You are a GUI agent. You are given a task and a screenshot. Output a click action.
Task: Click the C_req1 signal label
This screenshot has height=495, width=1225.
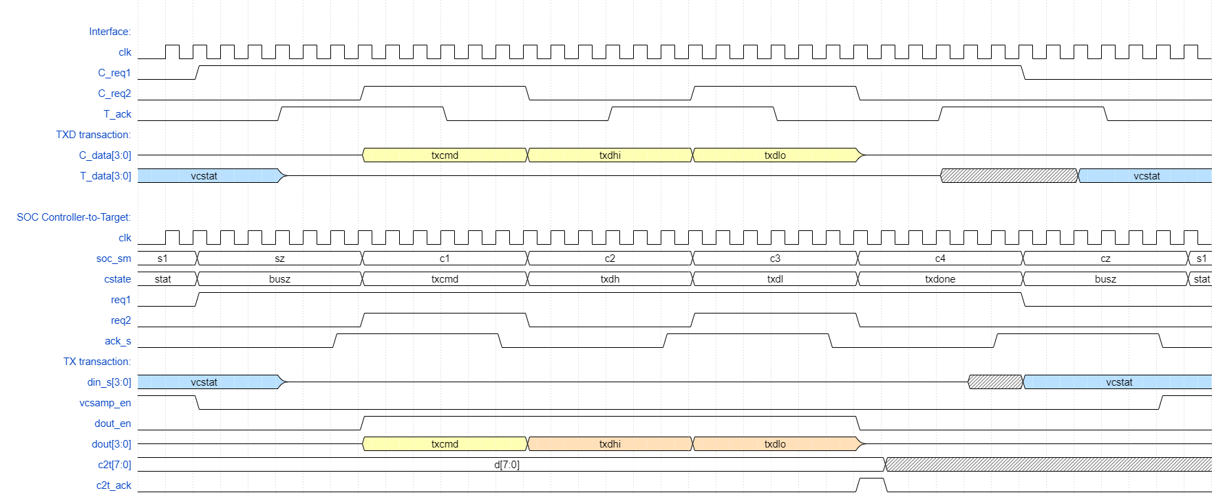[114, 73]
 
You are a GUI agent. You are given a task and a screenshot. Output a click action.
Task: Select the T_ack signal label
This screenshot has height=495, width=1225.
[117, 114]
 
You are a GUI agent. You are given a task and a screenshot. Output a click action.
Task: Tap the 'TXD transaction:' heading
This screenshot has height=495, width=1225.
[93, 135]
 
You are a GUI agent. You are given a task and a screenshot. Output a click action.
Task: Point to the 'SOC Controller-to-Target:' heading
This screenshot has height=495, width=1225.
[74, 217]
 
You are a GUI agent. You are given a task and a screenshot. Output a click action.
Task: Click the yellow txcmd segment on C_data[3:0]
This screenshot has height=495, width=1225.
[445, 155]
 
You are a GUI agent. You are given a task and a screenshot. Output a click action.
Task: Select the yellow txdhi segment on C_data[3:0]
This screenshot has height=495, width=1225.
[610, 155]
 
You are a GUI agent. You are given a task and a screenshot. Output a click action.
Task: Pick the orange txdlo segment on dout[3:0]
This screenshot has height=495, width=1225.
[775, 444]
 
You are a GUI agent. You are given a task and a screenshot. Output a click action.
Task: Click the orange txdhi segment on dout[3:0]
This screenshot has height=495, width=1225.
[610, 444]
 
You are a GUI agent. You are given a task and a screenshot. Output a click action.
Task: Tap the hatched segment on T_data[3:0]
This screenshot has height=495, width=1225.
[1009, 176]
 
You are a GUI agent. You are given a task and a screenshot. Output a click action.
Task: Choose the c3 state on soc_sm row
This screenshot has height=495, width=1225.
[775, 258]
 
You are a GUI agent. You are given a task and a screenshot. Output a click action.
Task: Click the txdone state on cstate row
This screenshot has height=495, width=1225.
[940, 279]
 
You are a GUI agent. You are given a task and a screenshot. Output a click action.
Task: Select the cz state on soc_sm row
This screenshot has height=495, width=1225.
[1105, 258]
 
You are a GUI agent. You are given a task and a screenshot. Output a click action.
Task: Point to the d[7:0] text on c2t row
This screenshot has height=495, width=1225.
[507, 465]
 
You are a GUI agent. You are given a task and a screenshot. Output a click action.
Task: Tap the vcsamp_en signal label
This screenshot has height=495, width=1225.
[105, 403]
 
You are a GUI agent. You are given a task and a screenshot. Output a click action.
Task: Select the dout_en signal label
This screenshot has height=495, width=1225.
[112, 423]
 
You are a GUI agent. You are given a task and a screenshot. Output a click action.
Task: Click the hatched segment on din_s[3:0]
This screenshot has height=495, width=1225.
[995, 382]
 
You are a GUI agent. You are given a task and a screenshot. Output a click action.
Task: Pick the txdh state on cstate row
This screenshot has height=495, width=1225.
[610, 279]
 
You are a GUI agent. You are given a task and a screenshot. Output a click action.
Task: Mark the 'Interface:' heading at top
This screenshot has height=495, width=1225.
[109, 32]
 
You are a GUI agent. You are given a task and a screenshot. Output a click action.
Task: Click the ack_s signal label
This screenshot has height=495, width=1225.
[118, 341]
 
